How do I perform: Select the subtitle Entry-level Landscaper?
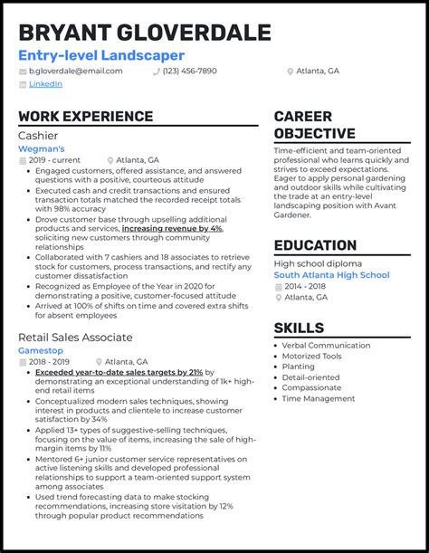click(x=101, y=55)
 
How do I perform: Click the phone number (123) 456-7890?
click(x=190, y=71)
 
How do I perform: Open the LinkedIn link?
click(x=45, y=83)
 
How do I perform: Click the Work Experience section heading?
click(x=85, y=117)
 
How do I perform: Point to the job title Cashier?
click(x=37, y=135)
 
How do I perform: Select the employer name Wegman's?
click(x=42, y=148)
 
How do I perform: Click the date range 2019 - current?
click(x=53, y=159)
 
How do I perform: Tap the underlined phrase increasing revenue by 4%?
click(x=172, y=229)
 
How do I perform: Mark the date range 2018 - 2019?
click(x=51, y=362)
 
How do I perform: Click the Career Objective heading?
click(x=315, y=125)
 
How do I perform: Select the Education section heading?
click(x=315, y=245)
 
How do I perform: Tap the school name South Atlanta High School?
click(x=331, y=275)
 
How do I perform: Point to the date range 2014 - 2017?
click(x=306, y=286)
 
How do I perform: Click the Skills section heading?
click(x=299, y=327)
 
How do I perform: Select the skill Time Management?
click(x=319, y=398)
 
